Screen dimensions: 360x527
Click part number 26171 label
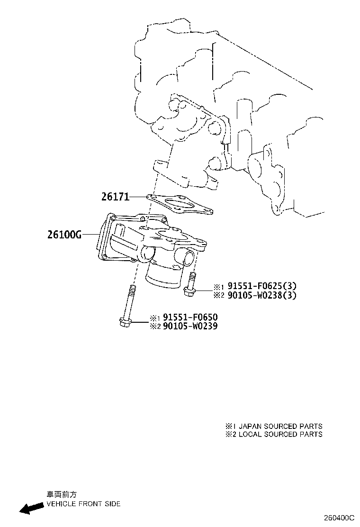[115, 197]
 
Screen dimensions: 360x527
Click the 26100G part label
[65, 235]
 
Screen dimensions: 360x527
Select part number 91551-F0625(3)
[262, 286]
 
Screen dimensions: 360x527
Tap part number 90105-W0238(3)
[262, 295]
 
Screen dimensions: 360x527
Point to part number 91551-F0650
[190, 317]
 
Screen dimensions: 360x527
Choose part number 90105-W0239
[190, 326]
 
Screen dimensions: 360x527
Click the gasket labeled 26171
[180, 204]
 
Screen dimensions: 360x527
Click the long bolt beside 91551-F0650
[127, 306]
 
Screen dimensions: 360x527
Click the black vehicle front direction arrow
[31, 508]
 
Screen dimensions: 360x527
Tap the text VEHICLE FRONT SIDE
[83, 504]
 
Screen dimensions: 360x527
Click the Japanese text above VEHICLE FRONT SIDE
[62, 494]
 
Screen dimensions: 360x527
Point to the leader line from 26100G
[91, 235]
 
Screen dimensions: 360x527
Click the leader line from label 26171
[138, 197]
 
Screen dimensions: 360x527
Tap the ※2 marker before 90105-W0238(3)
[219, 296]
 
